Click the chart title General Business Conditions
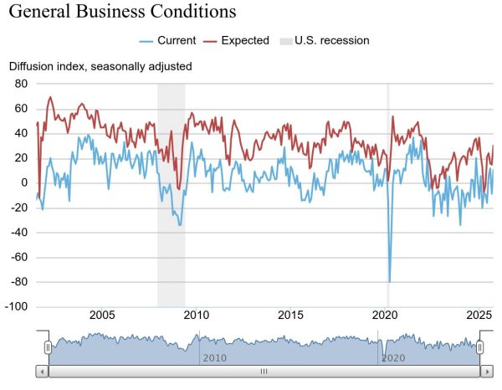122,13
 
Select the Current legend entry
177,40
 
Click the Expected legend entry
245,40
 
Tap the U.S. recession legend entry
331,40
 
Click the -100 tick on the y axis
17,307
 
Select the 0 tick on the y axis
24,183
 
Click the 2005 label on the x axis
101,315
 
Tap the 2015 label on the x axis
290,315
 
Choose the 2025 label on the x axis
479,315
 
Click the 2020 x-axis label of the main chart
385,315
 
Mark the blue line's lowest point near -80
389,281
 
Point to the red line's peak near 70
50,97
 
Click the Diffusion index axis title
100,66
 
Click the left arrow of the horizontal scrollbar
42,371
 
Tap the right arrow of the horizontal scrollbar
484,371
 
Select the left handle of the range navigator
48,347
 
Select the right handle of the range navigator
480,347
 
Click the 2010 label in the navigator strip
214,357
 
